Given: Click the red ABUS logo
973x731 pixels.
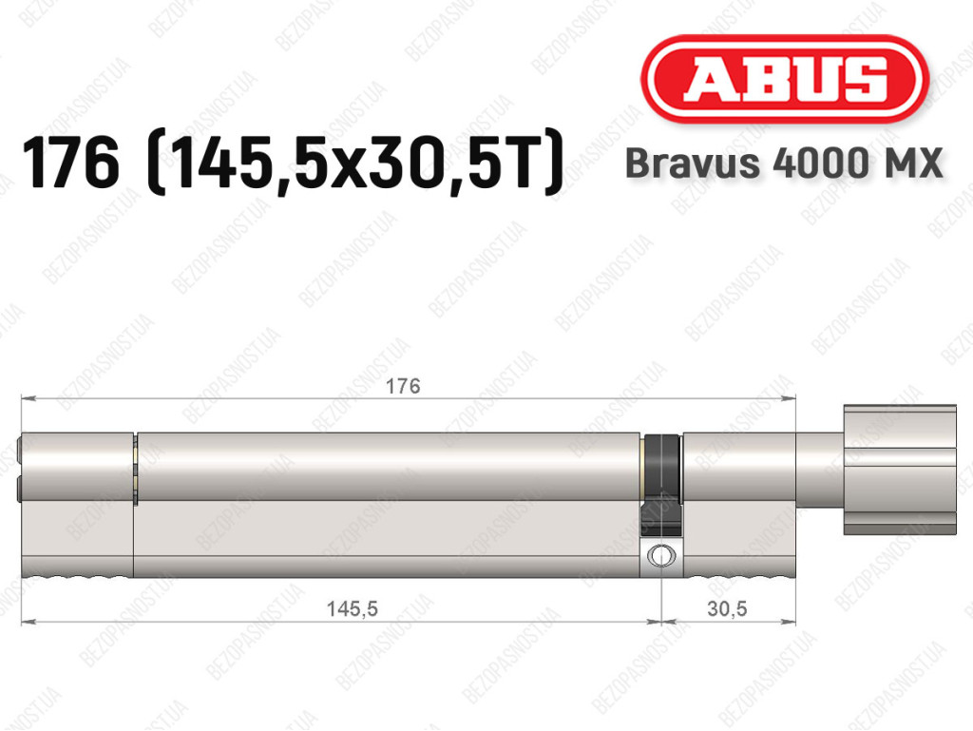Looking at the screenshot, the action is [784, 79].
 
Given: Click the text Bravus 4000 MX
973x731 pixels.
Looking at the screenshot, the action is [784, 164].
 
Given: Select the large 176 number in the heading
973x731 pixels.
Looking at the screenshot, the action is [70, 163].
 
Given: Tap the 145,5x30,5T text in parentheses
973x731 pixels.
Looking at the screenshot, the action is [355, 164].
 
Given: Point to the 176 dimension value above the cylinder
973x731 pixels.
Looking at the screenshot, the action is [403, 386].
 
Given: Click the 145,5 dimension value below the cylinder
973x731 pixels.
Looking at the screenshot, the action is [352, 608].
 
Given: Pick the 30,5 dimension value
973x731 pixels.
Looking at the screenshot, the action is [727, 608].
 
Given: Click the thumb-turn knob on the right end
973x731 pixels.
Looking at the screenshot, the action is [900, 470].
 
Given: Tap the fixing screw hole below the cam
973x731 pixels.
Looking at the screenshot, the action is [661, 555].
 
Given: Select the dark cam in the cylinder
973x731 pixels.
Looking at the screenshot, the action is [661, 484].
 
